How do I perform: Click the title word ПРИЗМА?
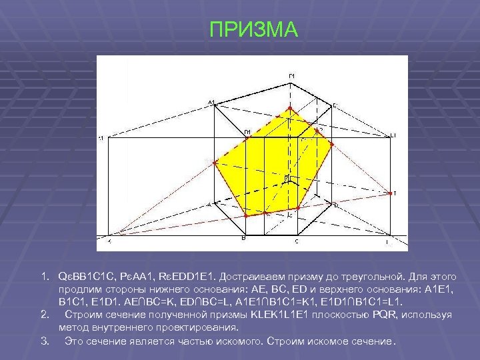254,30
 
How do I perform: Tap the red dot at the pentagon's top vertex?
289,107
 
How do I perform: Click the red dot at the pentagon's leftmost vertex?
213,162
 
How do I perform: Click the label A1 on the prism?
211,102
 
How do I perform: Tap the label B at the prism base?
243,238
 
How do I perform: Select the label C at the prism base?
297,241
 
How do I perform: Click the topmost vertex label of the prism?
292,76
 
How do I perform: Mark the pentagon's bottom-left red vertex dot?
246,216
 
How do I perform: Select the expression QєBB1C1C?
87,275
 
